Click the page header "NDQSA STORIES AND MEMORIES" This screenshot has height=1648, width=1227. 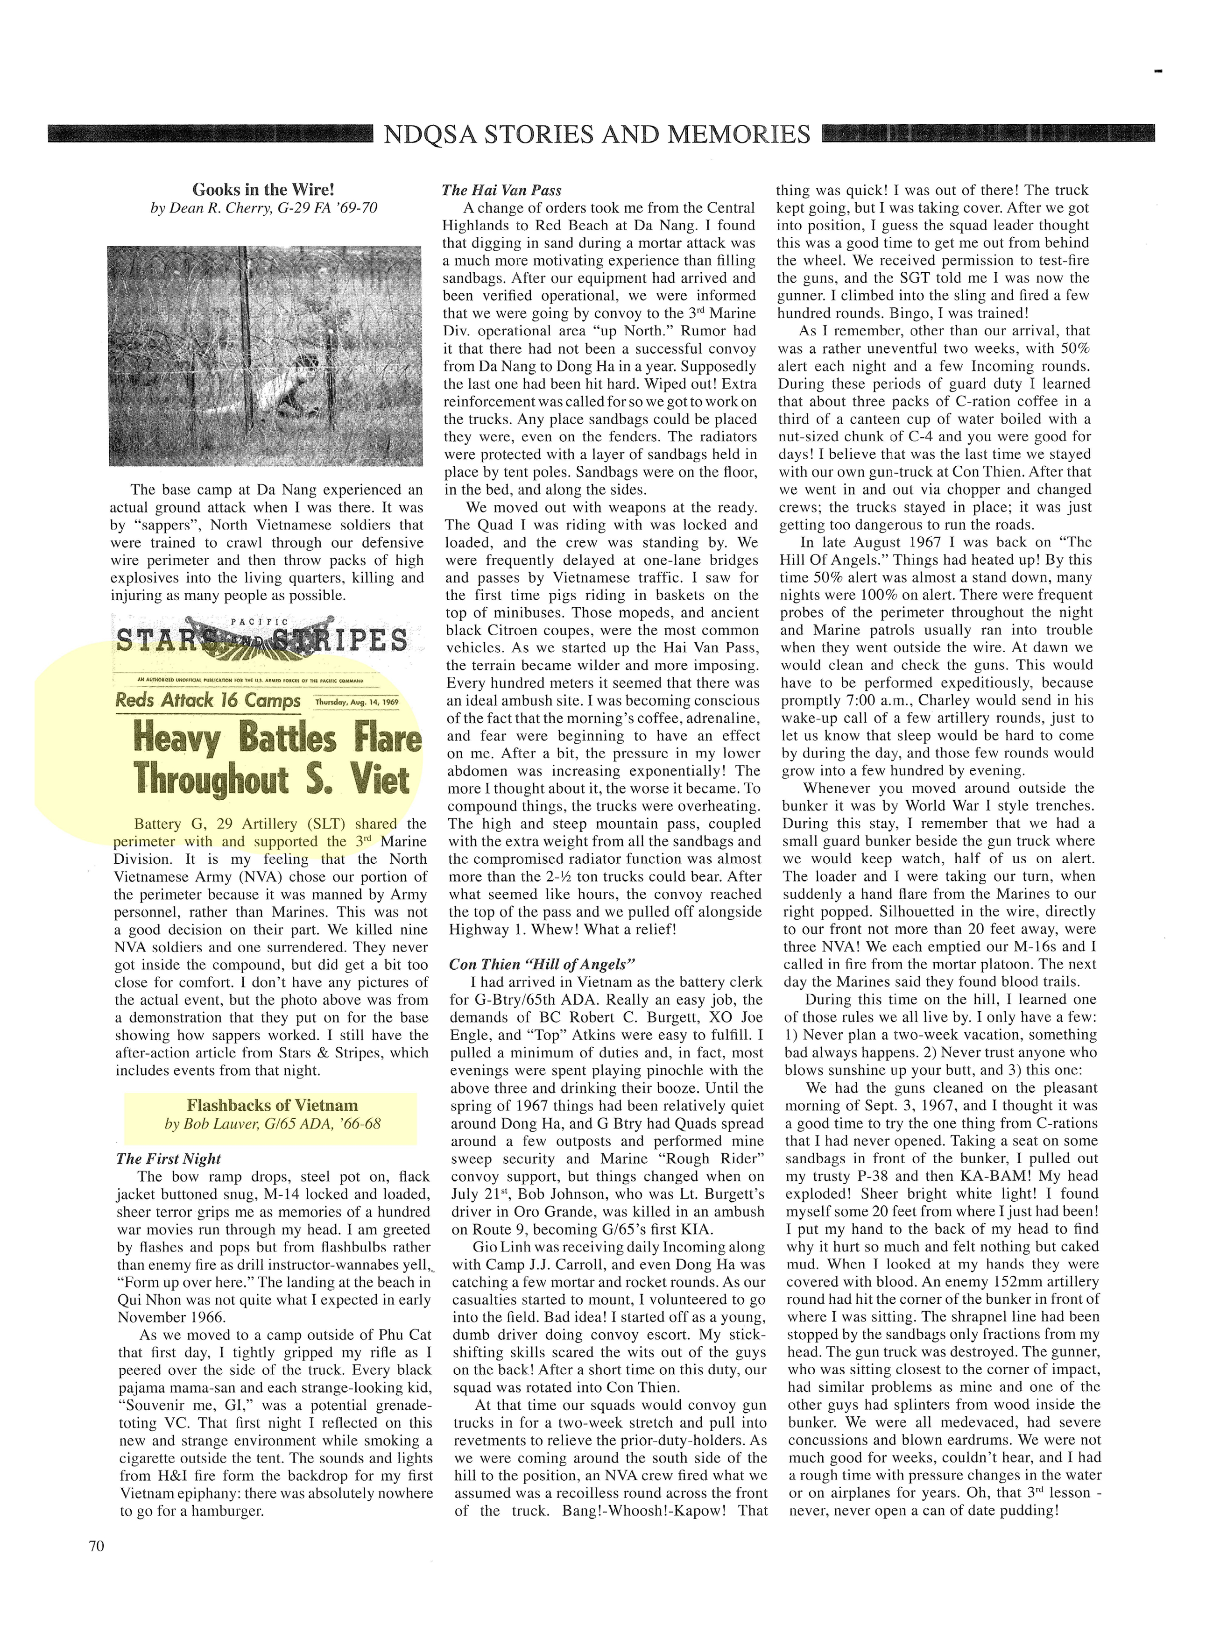coord(596,135)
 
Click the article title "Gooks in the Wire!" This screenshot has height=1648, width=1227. coord(264,190)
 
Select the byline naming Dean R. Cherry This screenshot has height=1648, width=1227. coord(264,208)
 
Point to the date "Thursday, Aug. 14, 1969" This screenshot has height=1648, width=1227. coord(357,702)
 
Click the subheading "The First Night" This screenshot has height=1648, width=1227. coord(169,1159)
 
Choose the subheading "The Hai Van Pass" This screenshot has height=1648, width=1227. coord(501,190)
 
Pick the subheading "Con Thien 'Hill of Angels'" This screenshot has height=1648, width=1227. coord(542,965)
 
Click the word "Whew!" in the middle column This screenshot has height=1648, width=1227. coord(547,930)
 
